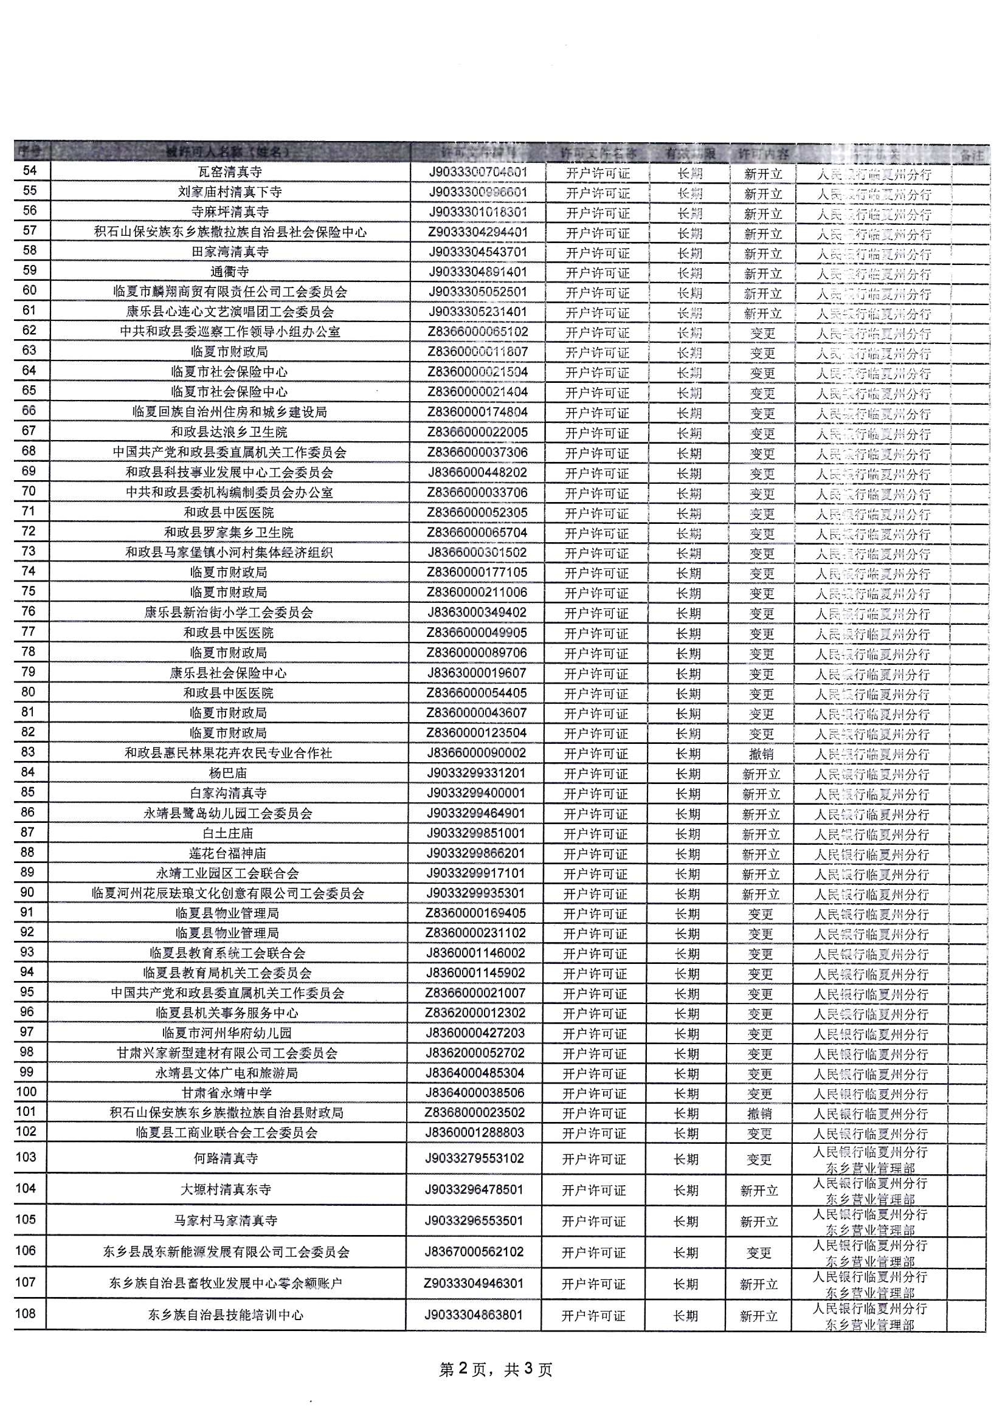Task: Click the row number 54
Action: coord(30,171)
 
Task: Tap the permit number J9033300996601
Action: coord(477,192)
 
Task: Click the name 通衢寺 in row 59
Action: coord(229,272)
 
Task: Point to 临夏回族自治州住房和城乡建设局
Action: coord(229,411)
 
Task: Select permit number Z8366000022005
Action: coord(477,432)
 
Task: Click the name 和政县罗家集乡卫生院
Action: coord(229,532)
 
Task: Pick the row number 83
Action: coord(29,752)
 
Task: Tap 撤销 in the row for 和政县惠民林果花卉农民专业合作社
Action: coord(761,754)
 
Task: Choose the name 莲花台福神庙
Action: coord(228,853)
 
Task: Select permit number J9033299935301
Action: coord(475,893)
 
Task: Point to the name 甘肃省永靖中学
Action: coord(227,1093)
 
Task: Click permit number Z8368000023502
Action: coord(475,1112)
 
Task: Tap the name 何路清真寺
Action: coord(226,1158)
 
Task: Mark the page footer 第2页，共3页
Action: coord(496,1369)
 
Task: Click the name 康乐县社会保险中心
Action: coord(229,673)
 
